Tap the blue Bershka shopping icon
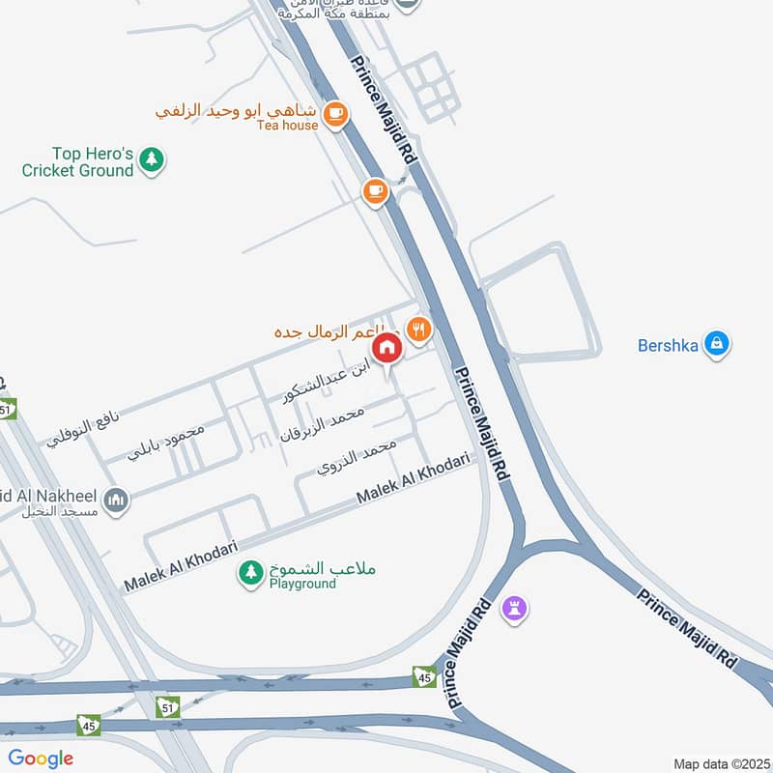pyautogui.click(x=716, y=343)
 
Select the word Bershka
pyautogui.click(x=668, y=345)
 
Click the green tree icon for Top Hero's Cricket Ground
pyautogui.click(x=151, y=159)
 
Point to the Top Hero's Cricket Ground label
pyautogui.click(x=79, y=161)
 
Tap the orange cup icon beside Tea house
pyautogui.click(x=334, y=113)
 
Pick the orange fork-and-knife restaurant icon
pyautogui.click(x=418, y=329)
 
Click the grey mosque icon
pyautogui.click(x=117, y=501)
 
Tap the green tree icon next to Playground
pyautogui.click(x=251, y=573)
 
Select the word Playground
pyautogui.click(x=302, y=585)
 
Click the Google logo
pyautogui.click(x=41, y=759)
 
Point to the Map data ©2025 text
pyautogui.click(x=720, y=763)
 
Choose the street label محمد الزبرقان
pyautogui.click(x=321, y=426)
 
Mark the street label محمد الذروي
pyautogui.click(x=357, y=459)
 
